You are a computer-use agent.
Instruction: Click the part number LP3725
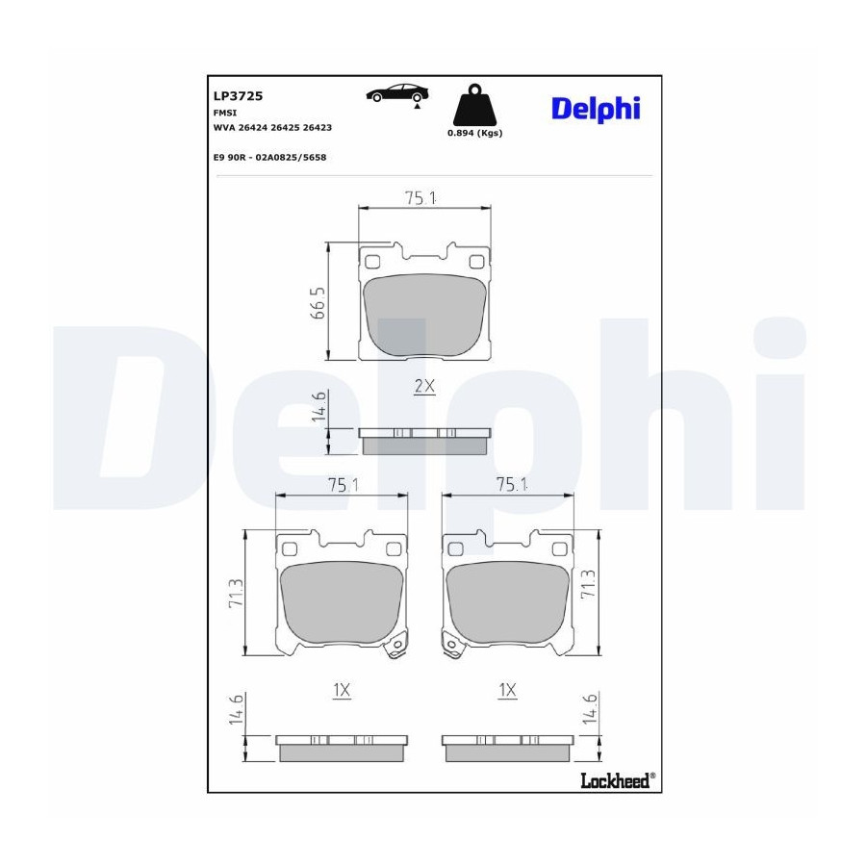(238, 96)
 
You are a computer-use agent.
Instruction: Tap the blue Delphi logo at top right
(596, 109)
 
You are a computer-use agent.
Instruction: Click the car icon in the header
(396, 94)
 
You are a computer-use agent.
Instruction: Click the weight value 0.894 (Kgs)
(474, 133)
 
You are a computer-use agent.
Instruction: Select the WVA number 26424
(252, 128)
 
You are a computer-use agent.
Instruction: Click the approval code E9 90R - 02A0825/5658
(269, 158)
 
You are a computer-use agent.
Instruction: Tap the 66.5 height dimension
(318, 303)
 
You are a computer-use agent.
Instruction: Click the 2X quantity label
(424, 386)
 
